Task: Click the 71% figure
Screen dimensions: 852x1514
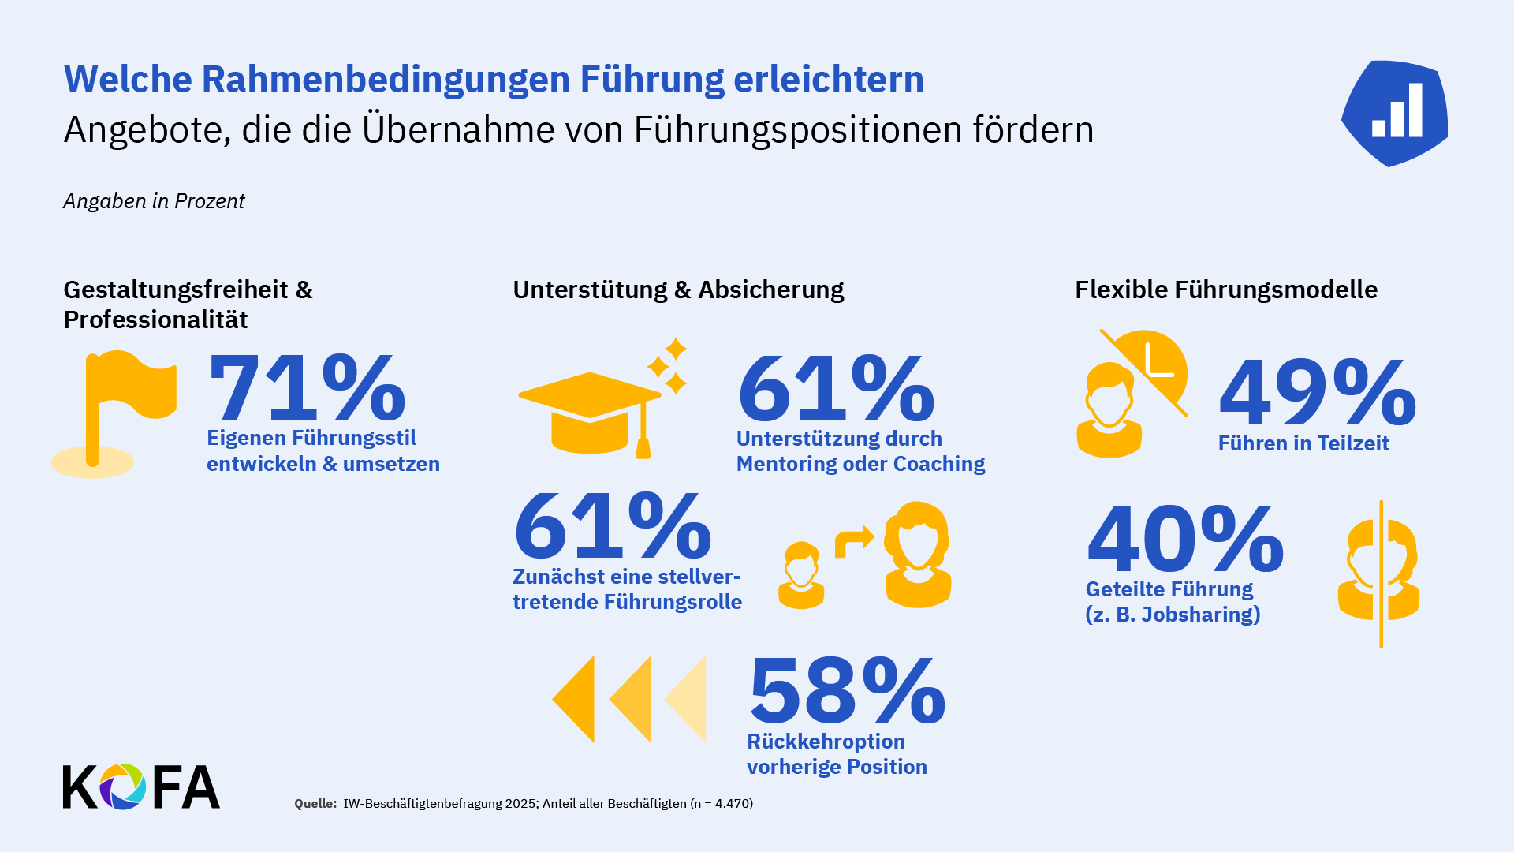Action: pos(307,388)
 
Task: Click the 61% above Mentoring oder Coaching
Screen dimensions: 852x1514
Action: pos(836,389)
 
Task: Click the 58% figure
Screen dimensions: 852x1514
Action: pos(846,691)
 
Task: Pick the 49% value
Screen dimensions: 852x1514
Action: pos(1317,393)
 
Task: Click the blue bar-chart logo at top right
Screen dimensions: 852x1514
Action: pos(1395,112)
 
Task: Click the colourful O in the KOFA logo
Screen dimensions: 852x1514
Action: pos(122,787)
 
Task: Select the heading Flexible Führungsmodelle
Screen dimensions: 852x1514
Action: pos(1225,290)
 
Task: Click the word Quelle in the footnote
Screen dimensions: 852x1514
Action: pos(315,804)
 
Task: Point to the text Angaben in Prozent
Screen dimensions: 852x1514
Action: pos(154,201)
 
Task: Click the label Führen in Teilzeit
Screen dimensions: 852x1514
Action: pos(1303,443)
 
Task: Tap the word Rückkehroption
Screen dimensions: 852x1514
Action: pos(826,742)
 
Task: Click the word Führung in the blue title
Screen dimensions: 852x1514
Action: pos(651,79)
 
